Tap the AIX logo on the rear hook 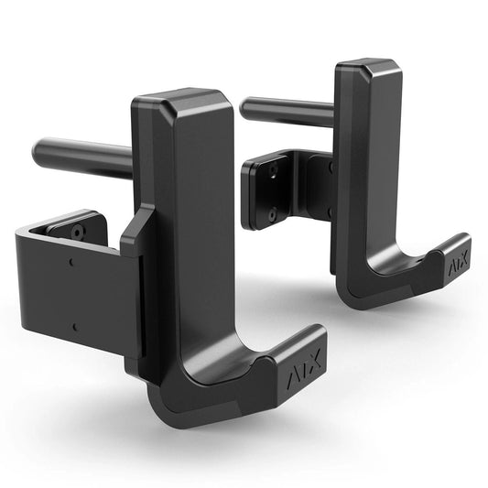tap(454, 264)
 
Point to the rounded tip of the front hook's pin tap(39, 147)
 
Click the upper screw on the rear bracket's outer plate tap(273, 169)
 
